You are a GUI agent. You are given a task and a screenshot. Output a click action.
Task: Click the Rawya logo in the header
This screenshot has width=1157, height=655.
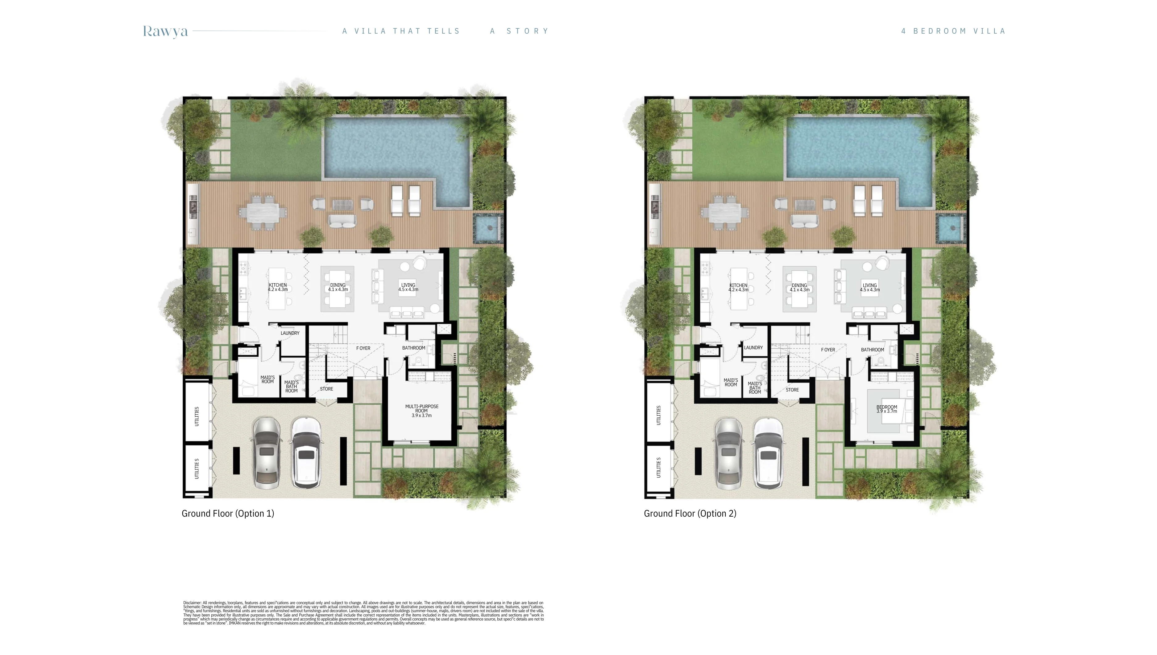pos(165,31)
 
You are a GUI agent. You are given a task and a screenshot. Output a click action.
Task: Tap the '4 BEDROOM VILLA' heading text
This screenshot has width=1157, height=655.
pos(953,31)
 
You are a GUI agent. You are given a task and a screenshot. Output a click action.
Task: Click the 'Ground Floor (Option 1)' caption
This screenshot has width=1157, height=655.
pos(228,513)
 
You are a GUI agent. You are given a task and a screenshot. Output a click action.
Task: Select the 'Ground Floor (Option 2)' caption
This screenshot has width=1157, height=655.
pos(690,513)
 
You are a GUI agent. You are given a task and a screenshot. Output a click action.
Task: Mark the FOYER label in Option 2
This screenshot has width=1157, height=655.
pos(827,350)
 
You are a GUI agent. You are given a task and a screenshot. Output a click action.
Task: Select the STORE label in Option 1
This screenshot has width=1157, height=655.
pos(326,389)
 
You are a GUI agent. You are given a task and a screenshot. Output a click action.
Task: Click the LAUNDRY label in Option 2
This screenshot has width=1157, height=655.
pos(753,347)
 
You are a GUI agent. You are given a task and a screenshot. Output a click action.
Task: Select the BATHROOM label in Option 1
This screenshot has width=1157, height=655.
pos(413,348)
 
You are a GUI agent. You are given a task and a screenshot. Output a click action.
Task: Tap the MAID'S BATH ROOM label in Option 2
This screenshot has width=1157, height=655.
pos(755,388)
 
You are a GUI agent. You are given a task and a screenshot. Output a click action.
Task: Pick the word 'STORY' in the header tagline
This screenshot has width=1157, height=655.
pos(527,31)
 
